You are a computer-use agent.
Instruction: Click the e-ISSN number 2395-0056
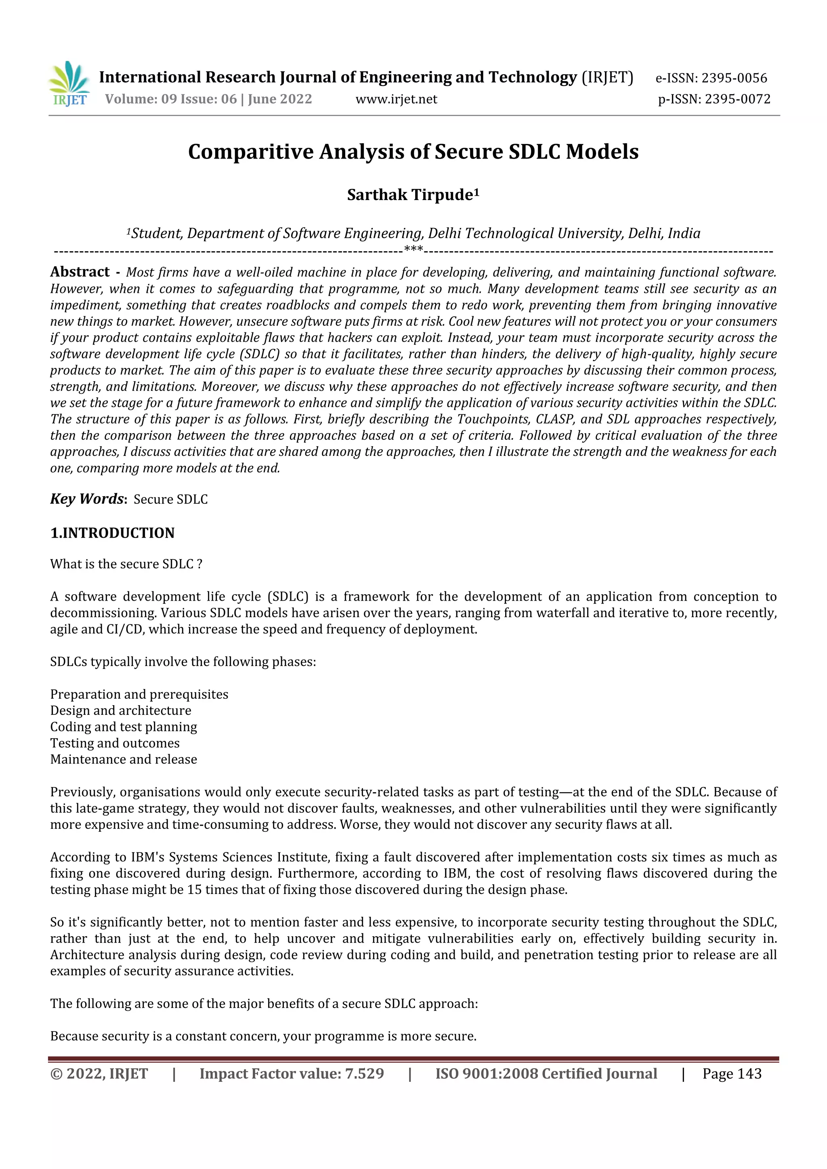point(734,78)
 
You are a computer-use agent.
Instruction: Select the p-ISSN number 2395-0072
point(737,99)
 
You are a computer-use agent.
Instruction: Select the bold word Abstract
point(80,272)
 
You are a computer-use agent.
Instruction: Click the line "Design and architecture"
point(121,710)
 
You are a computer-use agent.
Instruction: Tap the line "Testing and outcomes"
point(115,743)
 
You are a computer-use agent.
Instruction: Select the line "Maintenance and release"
point(123,759)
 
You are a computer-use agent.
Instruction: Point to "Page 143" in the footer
point(732,1073)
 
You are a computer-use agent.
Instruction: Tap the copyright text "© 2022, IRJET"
point(99,1073)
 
